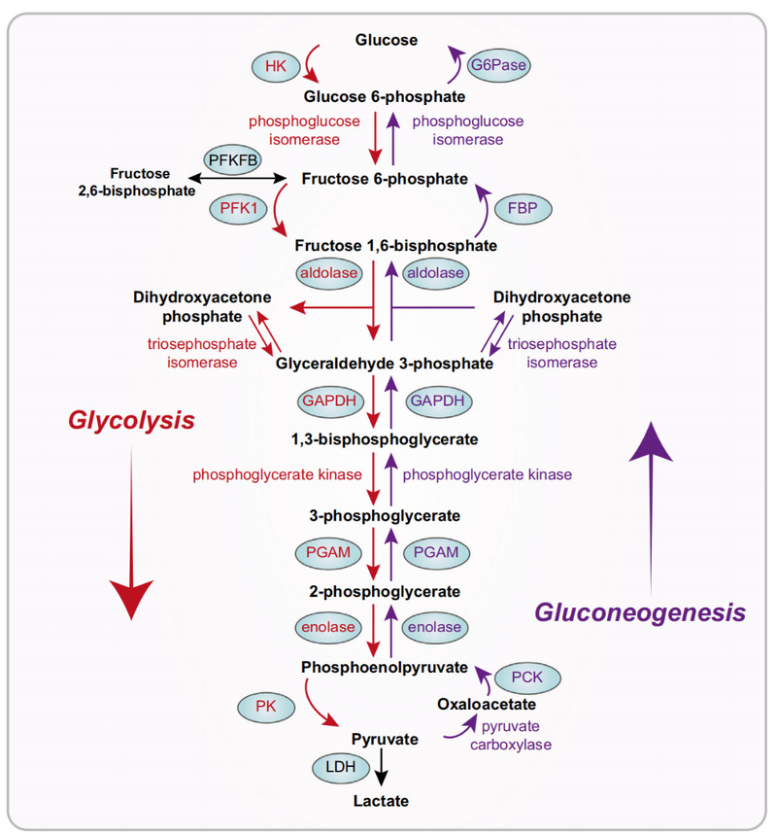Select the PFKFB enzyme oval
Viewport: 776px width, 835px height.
coord(230,158)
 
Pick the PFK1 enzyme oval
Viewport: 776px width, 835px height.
coord(236,207)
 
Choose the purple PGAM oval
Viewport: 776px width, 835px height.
coord(436,551)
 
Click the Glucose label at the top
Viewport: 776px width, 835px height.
coord(386,40)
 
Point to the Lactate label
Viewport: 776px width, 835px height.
coord(382,801)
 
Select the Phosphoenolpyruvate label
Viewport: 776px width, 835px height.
coord(385,668)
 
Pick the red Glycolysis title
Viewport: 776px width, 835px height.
coord(131,420)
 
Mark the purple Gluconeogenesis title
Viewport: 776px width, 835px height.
coord(641,611)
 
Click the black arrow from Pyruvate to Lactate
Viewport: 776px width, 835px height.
coord(383,770)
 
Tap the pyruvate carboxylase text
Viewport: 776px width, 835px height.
coord(517,735)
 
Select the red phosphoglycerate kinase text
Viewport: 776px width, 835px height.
coord(278,474)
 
